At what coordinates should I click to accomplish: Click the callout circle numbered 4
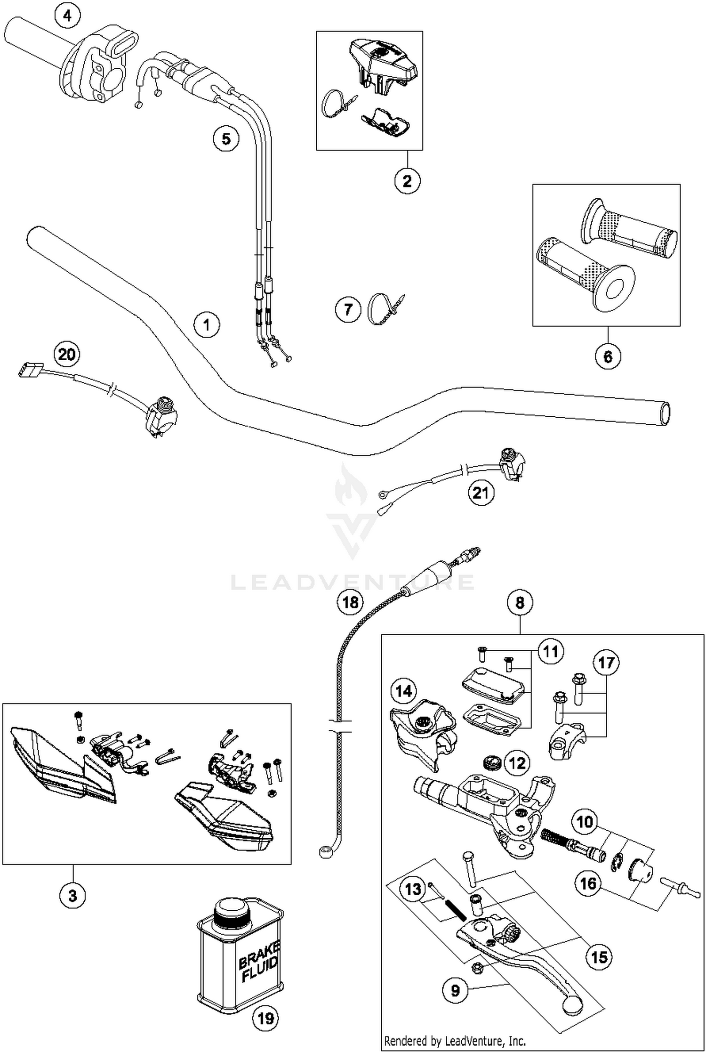click(68, 17)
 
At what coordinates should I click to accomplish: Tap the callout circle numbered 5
click(226, 139)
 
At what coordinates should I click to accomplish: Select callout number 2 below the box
click(407, 180)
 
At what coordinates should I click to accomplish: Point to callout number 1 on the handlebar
click(207, 324)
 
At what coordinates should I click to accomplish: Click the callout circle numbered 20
click(67, 354)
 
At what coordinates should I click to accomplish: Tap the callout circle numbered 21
click(481, 493)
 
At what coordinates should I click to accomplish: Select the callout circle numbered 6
click(608, 356)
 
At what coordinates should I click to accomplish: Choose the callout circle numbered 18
click(351, 602)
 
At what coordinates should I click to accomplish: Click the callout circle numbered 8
click(520, 602)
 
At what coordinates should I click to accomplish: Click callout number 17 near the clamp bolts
click(606, 663)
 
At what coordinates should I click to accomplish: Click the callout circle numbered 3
click(72, 894)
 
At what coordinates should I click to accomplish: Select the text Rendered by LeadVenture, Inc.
click(455, 1040)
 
